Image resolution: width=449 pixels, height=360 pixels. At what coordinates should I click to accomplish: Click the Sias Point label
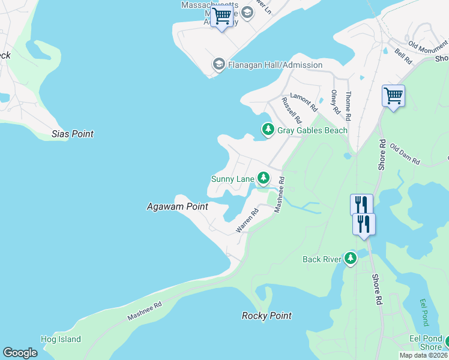tap(73, 134)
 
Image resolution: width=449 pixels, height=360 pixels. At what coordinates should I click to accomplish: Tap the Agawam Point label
tap(178, 206)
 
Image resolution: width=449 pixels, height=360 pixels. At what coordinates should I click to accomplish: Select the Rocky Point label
tap(267, 316)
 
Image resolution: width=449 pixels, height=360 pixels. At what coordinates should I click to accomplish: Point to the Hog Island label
tap(61, 340)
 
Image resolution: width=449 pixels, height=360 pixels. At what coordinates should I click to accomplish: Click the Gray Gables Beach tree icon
tap(268, 129)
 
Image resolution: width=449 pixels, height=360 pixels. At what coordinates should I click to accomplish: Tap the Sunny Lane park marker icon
tap(263, 178)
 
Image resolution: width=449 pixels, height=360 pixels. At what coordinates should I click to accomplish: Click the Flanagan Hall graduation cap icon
tap(218, 64)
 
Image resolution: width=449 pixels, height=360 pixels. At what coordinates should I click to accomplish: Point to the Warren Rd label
tap(247, 220)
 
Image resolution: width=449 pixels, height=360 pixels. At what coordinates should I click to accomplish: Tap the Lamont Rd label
tap(304, 102)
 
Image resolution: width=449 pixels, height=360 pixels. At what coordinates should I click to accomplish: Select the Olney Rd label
tap(335, 103)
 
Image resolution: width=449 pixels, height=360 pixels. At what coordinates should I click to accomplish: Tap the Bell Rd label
tap(403, 57)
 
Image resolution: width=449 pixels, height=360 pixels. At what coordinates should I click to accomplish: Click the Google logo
tap(20, 353)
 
